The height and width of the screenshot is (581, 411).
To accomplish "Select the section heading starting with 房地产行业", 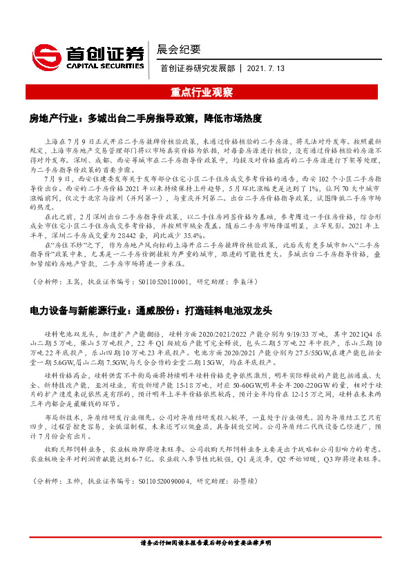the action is [x=145, y=118].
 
